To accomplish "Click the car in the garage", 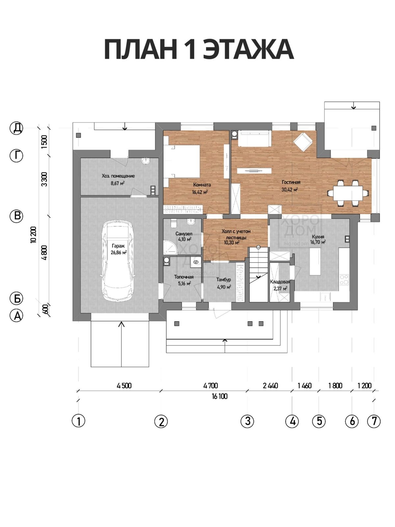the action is coord(118,260).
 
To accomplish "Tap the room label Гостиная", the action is coord(291,182).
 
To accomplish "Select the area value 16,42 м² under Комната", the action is coord(200,192).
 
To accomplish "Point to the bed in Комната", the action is coord(182,161).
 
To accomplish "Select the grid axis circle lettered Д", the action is coord(16,128).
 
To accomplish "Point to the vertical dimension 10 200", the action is coord(33,235).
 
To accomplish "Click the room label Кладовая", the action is coord(280,282).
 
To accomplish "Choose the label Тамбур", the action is coord(224,279).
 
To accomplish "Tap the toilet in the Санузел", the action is coord(173,223).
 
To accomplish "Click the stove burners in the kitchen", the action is coord(344,280).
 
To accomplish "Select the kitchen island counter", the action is coord(315,262).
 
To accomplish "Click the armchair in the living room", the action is coord(303,142).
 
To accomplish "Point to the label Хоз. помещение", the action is coord(118,176).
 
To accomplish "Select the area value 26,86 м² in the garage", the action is coord(118,252).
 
